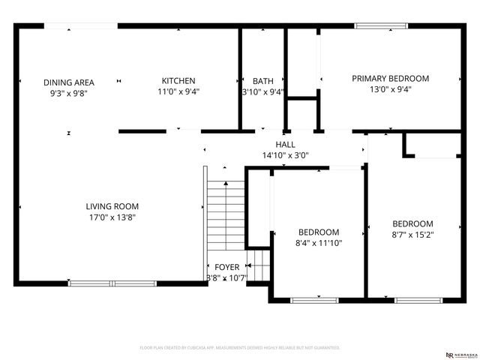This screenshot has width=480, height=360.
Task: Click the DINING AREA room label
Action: (x=68, y=82)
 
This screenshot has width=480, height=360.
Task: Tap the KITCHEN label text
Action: (x=178, y=81)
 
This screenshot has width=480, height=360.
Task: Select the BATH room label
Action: (x=262, y=81)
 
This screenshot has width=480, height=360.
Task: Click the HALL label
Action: (x=285, y=145)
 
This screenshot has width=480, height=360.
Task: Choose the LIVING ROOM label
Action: (x=112, y=206)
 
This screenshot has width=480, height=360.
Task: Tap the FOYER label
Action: (x=226, y=267)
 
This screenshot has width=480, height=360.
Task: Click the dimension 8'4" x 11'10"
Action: (x=319, y=243)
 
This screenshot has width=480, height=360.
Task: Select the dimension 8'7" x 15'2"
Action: (x=412, y=235)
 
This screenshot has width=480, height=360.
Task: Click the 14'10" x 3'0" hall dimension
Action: (x=285, y=155)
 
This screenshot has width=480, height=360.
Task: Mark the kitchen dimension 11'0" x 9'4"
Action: (x=178, y=91)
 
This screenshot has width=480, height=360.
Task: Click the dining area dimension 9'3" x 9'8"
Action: (x=68, y=93)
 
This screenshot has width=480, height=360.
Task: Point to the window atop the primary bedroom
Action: (x=381, y=26)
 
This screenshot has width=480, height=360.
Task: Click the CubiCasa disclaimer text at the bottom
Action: (x=240, y=348)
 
